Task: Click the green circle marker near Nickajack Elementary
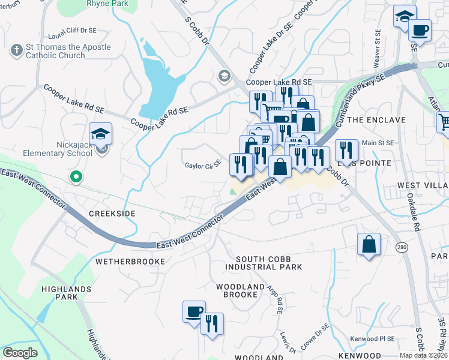[75, 176]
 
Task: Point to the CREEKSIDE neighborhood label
[112, 214]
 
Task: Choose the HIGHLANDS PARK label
[66, 293]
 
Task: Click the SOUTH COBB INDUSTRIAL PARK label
[264, 262]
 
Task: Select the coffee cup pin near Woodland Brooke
[194, 312]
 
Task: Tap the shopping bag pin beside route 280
[369, 245]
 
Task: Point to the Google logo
[20, 353]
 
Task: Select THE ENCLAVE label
[372, 120]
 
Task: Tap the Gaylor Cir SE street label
[203, 164]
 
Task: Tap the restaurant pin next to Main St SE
[346, 150]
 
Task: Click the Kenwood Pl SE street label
[372, 339]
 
